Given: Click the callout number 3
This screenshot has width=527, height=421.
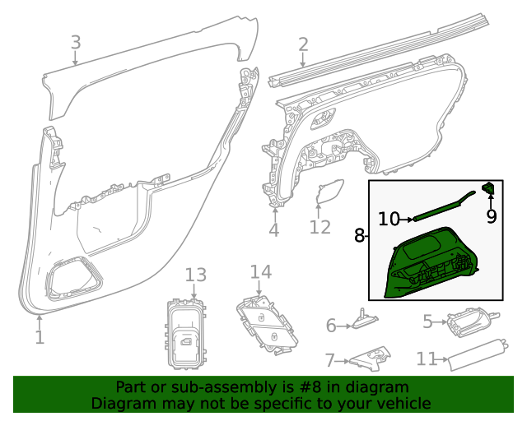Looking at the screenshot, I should click(x=75, y=41).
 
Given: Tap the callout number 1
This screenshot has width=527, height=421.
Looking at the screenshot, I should click(x=40, y=336).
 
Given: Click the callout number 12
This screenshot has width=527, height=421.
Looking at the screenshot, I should click(x=319, y=226).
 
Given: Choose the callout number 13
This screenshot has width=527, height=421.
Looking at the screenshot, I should click(x=194, y=275).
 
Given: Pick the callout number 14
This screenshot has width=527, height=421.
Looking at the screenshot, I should click(x=260, y=271).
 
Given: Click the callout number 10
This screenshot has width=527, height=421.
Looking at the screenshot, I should click(x=389, y=219).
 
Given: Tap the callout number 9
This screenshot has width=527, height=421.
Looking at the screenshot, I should click(x=492, y=216).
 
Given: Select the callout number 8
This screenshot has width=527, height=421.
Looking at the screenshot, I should click(x=359, y=236).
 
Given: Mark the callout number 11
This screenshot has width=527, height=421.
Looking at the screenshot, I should click(x=426, y=359).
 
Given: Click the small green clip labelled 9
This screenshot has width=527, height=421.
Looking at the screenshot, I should click(x=488, y=190).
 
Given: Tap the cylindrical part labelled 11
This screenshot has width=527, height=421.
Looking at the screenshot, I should click(x=475, y=353).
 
